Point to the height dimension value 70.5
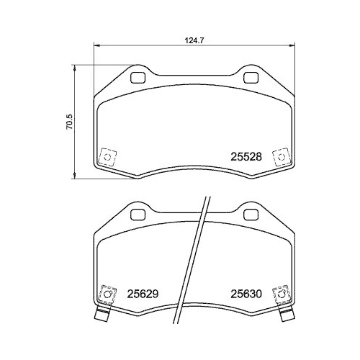click(x=70, y=122)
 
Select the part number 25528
click(x=245, y=155)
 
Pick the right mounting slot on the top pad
click(x=251, y=77)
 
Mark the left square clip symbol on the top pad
click(x=108, y=156)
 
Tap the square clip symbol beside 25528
click(x=281, y=156)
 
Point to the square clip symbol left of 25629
click(x=108, y=294)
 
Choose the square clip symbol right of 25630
click(x=281, y=294)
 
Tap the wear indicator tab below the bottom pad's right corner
click(x=285, y=315)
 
